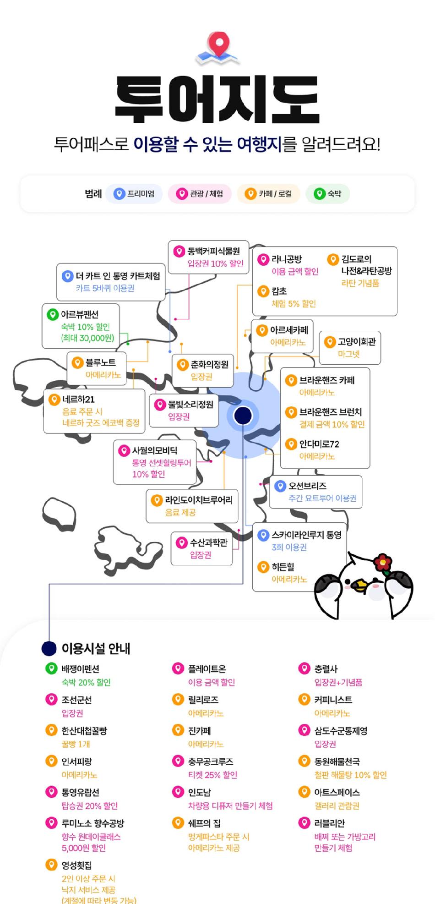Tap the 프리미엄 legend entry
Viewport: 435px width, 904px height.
(134, 194)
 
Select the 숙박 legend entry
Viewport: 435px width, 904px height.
(328, 194)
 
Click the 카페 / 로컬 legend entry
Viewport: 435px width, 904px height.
(268, 194)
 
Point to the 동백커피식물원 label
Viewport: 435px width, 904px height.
(213, 251)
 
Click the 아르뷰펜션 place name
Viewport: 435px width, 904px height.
(80, 314)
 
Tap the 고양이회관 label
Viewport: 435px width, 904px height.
(357, 341)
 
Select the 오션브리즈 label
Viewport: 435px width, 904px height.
(307, 486)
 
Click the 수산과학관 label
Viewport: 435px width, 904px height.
(209, 542)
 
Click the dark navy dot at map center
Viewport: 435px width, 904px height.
(243, 415)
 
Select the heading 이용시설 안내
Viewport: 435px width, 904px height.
(96, 648)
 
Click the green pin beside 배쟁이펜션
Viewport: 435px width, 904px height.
(51, 668)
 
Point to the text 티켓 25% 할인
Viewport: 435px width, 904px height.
(212, 775)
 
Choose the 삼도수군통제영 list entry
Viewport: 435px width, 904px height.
(341, 731)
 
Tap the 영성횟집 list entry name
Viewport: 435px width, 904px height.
(77, 865)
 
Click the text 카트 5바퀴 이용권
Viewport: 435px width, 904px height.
(105, 288)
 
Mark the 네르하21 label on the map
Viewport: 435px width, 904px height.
(78, 399)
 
